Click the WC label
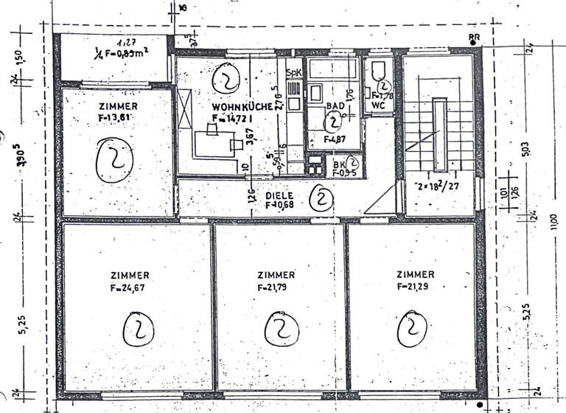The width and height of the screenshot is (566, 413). point(379,104)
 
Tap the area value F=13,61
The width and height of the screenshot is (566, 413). point(114,116)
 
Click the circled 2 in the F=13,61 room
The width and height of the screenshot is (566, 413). point(115,159)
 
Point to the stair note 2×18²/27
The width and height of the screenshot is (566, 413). point(439,185)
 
